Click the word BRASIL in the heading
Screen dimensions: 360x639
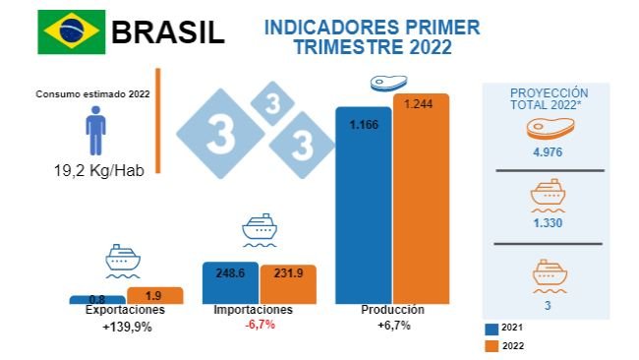click(168, 31)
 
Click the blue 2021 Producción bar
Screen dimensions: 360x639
click(364, 207)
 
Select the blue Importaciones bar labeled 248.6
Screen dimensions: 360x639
click(230, 283)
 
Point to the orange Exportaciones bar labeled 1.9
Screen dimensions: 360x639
click(155, 295)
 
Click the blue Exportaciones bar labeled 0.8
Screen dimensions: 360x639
click(96, 299)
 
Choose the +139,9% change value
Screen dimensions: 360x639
click(127, 327)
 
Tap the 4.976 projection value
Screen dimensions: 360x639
click(549, 150)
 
